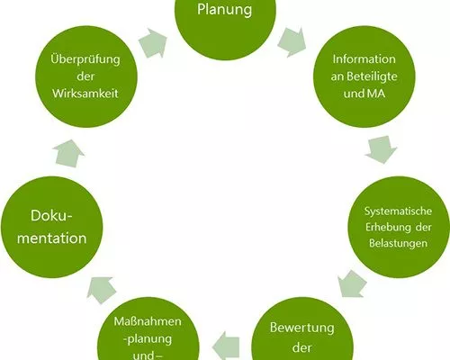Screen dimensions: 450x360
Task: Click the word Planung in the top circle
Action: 224,10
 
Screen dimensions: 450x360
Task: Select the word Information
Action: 364,59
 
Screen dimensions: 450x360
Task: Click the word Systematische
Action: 398,211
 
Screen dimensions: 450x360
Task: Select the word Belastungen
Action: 398,243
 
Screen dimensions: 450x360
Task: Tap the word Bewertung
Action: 302,328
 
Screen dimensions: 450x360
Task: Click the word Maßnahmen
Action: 148,321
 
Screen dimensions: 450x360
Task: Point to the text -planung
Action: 148,339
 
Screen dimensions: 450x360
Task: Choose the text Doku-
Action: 52,215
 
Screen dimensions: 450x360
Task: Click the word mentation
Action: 52,238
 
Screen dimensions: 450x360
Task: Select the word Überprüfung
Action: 85,58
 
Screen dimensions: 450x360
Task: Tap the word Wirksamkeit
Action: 85,94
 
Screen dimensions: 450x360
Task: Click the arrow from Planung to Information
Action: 292,42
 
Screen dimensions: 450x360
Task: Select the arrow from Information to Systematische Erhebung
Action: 382,149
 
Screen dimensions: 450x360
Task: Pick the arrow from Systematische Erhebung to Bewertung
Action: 352,283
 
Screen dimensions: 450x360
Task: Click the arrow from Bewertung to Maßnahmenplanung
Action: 226,346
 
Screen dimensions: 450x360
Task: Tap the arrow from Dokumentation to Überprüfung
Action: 68,153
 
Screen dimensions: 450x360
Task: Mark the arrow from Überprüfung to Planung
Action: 153,42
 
